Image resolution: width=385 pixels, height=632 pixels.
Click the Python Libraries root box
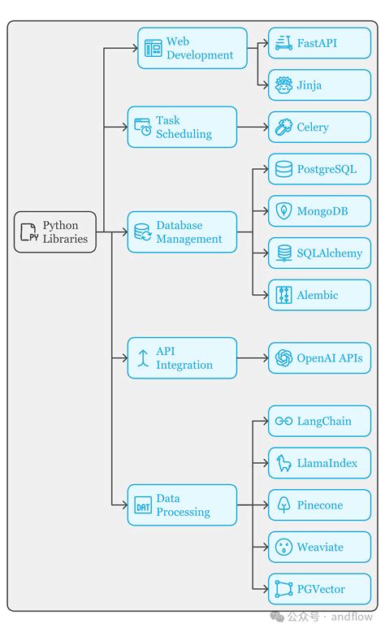55,232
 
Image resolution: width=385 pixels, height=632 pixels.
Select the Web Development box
192,48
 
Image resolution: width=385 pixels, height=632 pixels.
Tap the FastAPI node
319,43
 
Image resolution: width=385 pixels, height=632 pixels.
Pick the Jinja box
319,84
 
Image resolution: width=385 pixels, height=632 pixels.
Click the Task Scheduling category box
182,127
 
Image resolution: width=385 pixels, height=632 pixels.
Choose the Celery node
319,127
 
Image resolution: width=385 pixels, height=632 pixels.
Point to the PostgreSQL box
319,169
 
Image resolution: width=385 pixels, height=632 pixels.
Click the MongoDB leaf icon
283,211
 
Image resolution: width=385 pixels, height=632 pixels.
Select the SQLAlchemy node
319,253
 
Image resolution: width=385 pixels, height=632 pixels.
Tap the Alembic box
319,295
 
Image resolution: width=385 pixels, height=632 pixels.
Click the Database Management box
182,232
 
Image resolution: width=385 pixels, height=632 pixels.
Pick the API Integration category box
182,358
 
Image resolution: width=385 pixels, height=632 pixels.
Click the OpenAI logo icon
283,358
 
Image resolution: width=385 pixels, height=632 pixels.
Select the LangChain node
319,421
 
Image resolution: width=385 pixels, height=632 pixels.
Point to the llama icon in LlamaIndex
283,463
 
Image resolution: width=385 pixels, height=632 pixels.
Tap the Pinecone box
319,504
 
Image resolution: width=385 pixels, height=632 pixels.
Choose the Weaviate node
319,547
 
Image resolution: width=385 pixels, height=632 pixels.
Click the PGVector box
319,589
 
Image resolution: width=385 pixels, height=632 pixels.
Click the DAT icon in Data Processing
143,505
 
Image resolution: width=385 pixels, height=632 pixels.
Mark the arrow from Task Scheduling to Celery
253,127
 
